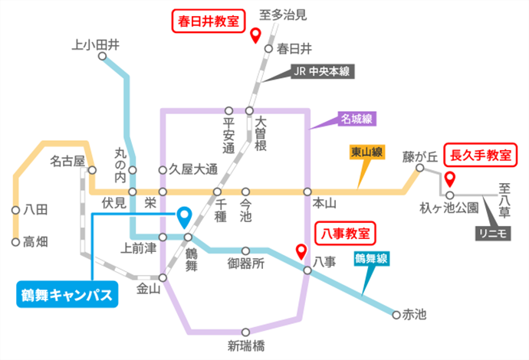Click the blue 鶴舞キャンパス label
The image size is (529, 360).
[67, 294]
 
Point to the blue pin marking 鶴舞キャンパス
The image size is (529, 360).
[184, 217]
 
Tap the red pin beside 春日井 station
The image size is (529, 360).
[256, 36]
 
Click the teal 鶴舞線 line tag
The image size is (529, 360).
[371, 259]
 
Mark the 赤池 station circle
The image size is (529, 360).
[396, 313]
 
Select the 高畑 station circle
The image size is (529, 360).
[15, 242]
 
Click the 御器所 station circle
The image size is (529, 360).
[246, 250]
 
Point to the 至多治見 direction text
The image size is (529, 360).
[283, 13]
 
